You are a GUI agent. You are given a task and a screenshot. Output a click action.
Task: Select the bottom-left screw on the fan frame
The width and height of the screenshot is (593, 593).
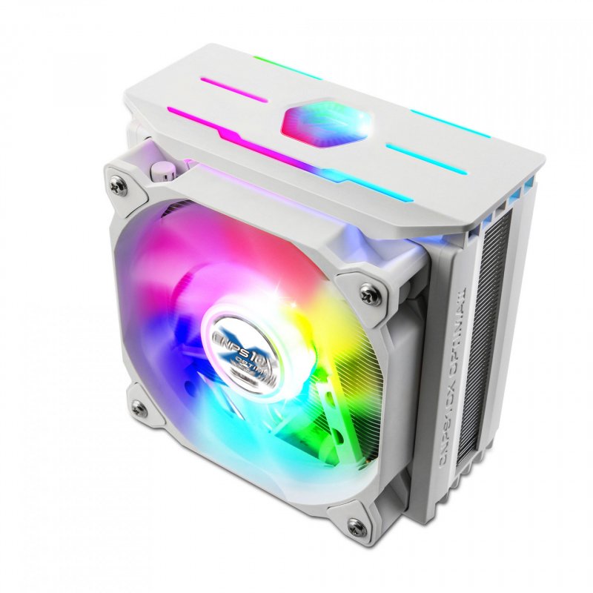tap(138, 406)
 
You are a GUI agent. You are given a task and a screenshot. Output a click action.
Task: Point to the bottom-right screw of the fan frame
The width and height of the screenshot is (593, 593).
tap(358, 527)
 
